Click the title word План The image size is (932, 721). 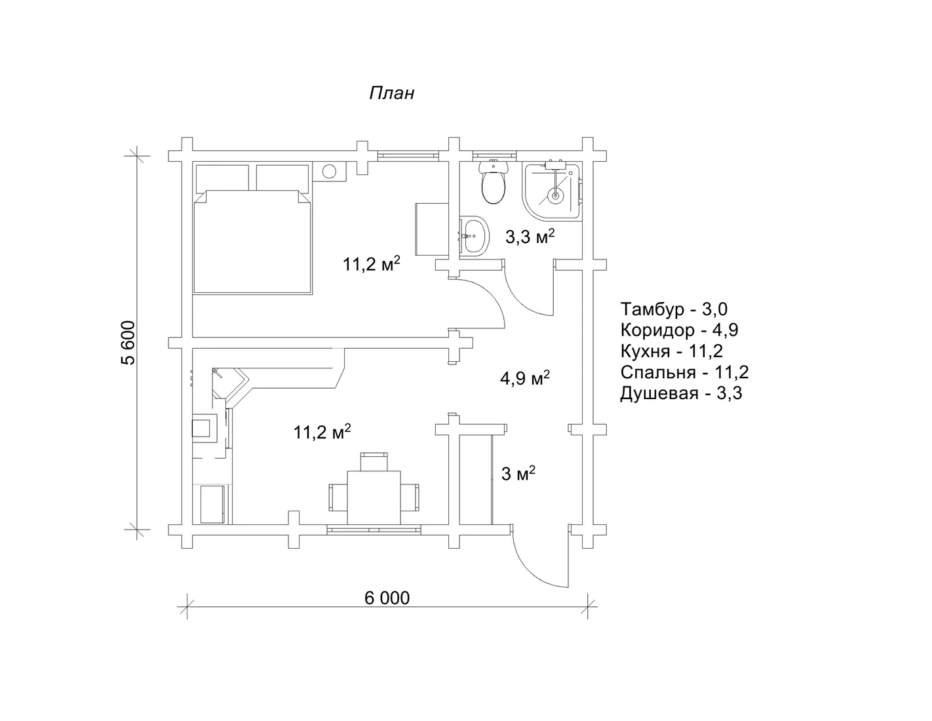pyautogui.click(x=391, y=93)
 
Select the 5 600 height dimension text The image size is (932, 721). pyautogui.click(x=128, y=343)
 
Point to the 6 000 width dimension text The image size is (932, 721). pyautogui.click(x=387, y=598)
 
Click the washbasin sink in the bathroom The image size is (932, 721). pyautogui.click(x=475, y=236)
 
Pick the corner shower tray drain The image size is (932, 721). pyautogui.click(x=556, y=196)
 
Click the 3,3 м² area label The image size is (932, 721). pyautogui.click(x=530, y=237)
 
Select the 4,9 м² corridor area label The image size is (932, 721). pyautogui.click(x=525, y=378)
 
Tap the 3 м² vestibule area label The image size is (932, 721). pyautogui.click(x=518, y=474)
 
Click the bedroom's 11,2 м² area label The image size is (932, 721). pyautogui.click(x=372, y=263)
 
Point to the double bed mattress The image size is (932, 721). pyautogui.click(x=253, y=243)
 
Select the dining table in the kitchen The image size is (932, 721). pyautogui.click(x=374, y=497)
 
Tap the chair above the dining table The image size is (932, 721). pyautogui.click(x=374, y=461)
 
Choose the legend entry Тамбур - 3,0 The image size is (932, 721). pyautogui.click(x=674, y=309)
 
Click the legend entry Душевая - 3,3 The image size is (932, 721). pyautogui.click(x=681, y=393)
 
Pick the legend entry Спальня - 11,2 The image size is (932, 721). pyautogui.click(x=684, y=372)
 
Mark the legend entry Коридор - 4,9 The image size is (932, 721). pyautogui.click(x=680, y=330)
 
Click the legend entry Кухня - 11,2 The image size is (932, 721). pyautogui.click(x=672, y=351)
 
